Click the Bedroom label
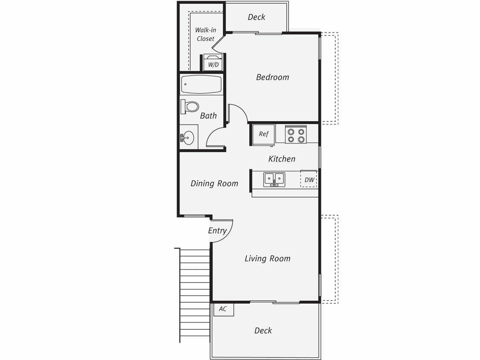pyautogui.click(x=272, y=77)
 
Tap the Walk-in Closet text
pyautogui.click(x=205, y=34)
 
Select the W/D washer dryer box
pyautogui.click(x=212, y=62)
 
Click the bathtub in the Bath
pyautogui.click(x=201, y=84)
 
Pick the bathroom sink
pyautogui.click(x=188, y=137)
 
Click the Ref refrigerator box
pyautogui.click(x=264, y=134)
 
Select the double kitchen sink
pyautogui.click(x=274, y=179)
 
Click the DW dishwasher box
pyautogui.click(x=309, y=180)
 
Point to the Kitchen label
pyautogui.click(x=282, y=159)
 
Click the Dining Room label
pyautogui.click(x=214, y=183)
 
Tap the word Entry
pyautogui.click(x=217, y=231)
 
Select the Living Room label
pyautogui.click(x=267, y=258)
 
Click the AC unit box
pyautogui.click(x=223, y=309)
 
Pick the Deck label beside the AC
pyautogui.click(x=263, y=331)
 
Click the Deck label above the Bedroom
pyautogui.click(x=256, y=17)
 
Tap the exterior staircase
pyautogui.click(x=195, y=294)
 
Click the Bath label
pyautogui.click(x=208, y=116)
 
